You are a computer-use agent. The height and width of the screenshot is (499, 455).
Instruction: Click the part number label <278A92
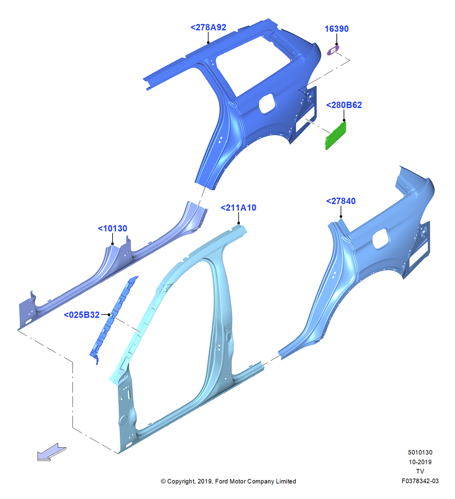208,27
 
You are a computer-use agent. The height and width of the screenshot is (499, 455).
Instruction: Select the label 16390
336,29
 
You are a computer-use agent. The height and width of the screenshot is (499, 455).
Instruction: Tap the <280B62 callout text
344,105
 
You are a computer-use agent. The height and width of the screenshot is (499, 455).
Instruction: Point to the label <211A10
238,208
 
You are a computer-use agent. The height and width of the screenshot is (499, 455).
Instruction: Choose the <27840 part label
341,201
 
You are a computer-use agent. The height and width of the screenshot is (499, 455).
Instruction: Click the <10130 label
112,229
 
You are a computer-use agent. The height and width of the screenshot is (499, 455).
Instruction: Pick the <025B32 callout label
82,315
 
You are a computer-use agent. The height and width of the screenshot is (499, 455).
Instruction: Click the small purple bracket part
333,50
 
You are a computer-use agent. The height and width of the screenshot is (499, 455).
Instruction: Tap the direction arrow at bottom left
51,452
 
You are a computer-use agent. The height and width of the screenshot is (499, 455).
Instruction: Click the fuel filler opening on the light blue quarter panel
380,239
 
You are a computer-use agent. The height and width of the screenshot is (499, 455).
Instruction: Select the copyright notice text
228,481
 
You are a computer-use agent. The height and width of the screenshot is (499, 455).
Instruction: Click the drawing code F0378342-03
420,481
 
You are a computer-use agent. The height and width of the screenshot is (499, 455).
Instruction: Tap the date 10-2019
420,462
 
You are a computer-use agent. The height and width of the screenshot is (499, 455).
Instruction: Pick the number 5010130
420,452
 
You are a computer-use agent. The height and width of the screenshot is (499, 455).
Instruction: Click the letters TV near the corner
420,472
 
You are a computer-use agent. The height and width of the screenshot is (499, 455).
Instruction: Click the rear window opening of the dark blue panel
254,64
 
